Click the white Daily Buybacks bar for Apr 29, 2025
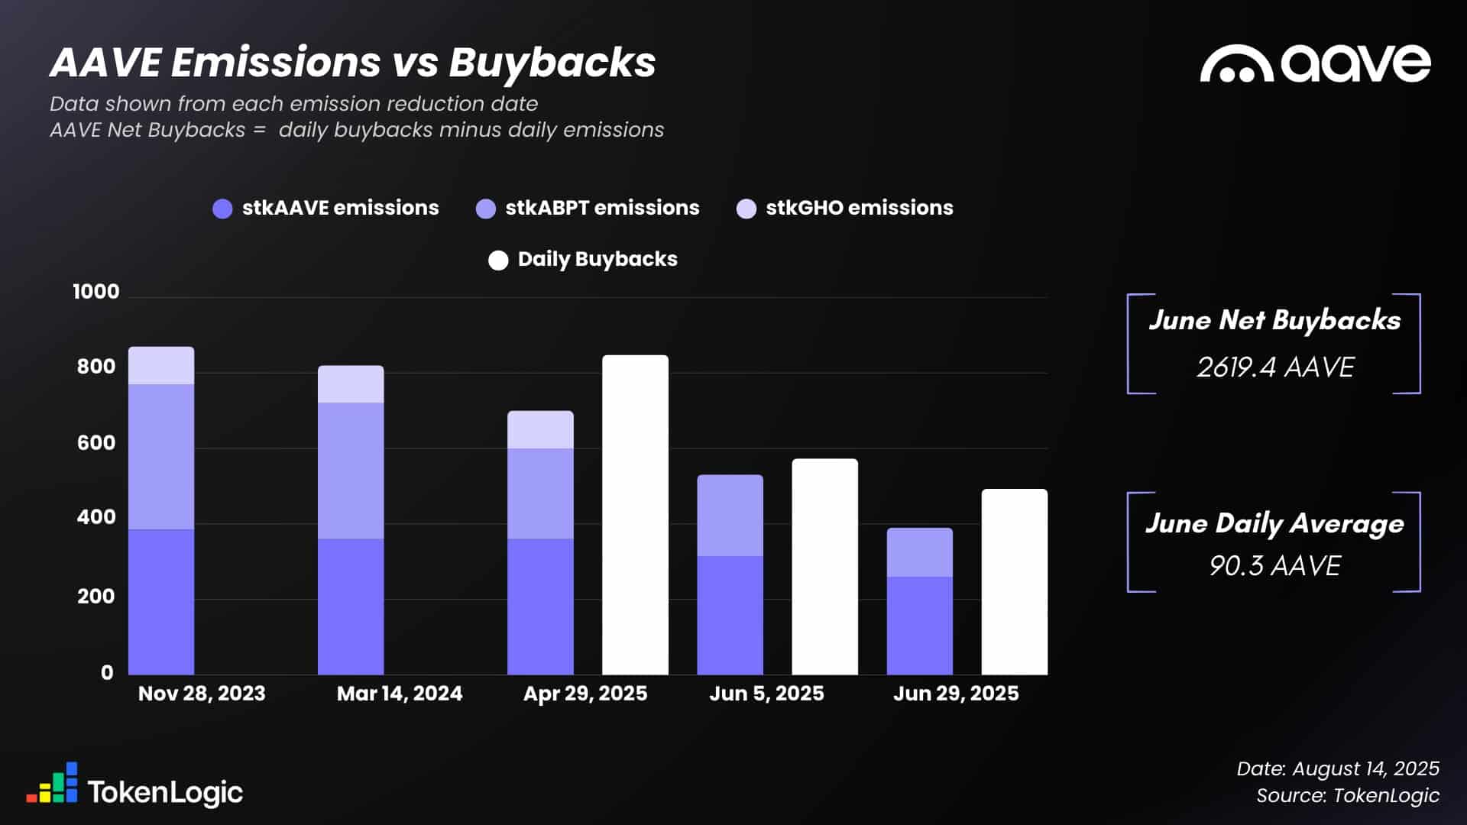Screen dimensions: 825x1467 pyautogui.click(x=635, y=515)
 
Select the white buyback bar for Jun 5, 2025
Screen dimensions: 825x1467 pyautogui.click(x=824, y=567)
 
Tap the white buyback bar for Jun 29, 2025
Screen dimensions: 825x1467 pyautogui.click(x=1014, y=582)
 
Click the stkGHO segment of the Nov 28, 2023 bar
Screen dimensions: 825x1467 pyautogui.click(x=161, y=366)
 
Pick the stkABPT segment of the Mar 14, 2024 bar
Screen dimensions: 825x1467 pyautogui.click(x=351, y=471)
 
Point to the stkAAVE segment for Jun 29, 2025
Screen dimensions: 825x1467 pyautogui.click(x=919, y=626)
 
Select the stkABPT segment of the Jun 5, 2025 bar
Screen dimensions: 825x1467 pyautogui.click(x=730, y=516)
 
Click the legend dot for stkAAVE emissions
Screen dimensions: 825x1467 pyautogui.click(x=222, y=209)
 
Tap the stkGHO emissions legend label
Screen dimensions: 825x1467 pyautogui.click(x=859, y=208)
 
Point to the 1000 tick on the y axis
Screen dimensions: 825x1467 pyautogui.click(x=96, y=292)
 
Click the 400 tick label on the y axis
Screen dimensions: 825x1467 pyautogui.click(x=96, y=517)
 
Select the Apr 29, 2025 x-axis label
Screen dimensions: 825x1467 pyautogui.click(x=585, y=694)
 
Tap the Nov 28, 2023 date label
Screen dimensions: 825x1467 pyautogui.click(x=202, y=694)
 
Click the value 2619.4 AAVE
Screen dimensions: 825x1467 pyautogui.click(x=1274, y=367)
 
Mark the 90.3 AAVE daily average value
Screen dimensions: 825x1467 pyautogui.click(x=1274, y=566)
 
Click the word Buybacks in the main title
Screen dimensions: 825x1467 pyautogui.click(x=552, y=63)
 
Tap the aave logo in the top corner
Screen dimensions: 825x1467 pyautogui.click(x=1314, y=63)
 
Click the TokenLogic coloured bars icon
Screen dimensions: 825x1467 pyautogui.click(x=52, y=783)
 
